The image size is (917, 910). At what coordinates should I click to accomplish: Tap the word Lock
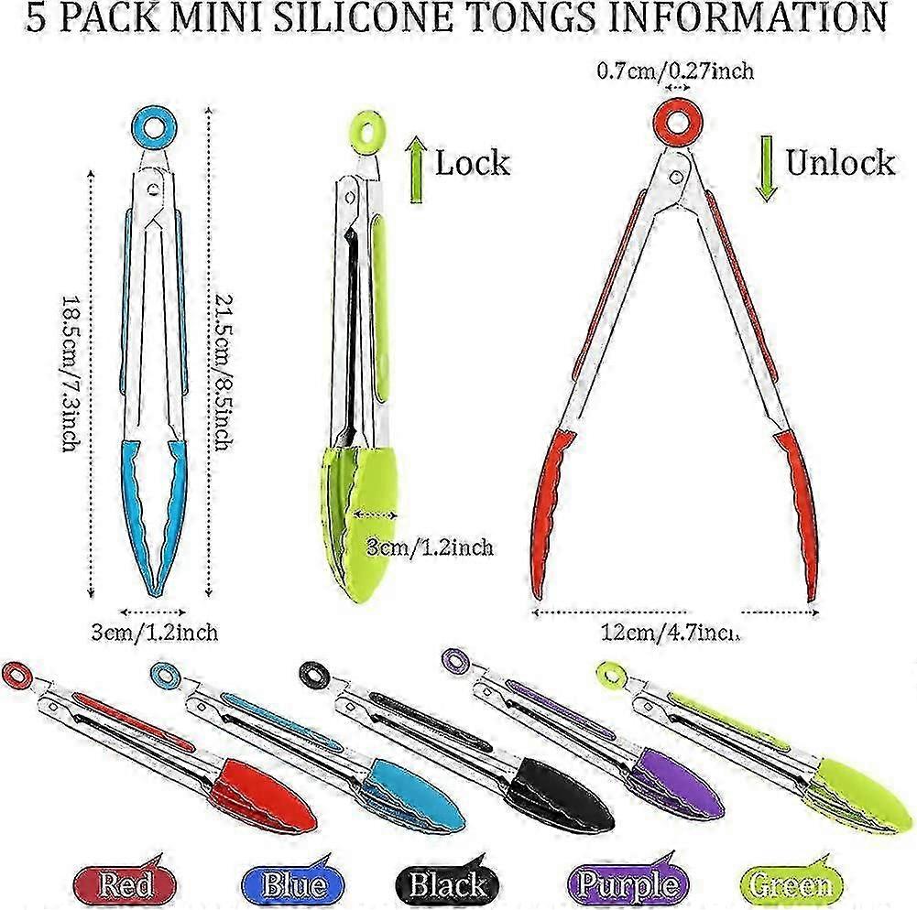coord(472,163)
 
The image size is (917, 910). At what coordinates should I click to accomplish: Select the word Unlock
coord(840,162)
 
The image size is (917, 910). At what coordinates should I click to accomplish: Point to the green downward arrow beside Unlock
coord(768,168)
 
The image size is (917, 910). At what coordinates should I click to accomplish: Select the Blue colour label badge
coord(294,885)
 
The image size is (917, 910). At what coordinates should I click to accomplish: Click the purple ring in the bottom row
coord(455,659)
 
